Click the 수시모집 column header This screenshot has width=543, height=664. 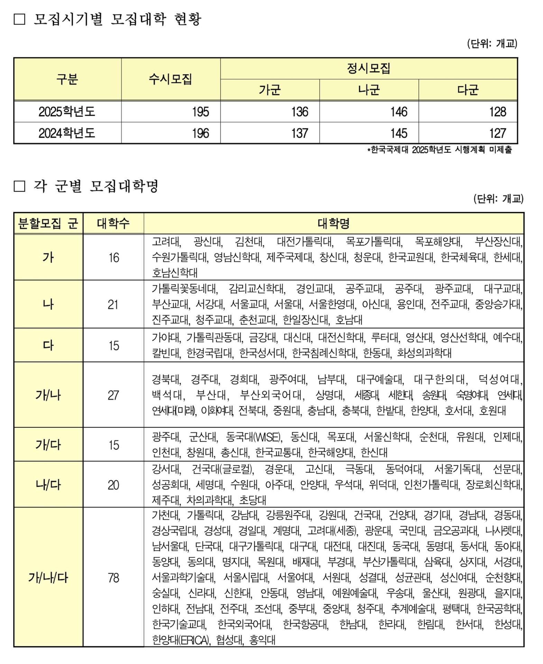[170, 79]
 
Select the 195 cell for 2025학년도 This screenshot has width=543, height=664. [201, 112]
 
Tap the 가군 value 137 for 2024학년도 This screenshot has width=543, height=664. [300, 133]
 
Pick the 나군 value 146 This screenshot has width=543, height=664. [399, 112]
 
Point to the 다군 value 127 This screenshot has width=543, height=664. [497, 133]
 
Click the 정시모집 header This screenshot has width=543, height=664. [368, 68]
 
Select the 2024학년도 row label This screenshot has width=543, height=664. [67, 133]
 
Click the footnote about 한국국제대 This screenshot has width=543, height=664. [439, 150]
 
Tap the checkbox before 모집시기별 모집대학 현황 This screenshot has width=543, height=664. [19, 19]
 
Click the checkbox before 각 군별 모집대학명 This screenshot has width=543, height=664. [19, 186]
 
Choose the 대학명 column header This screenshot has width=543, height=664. [333, 223]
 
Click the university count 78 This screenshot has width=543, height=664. [113, 578]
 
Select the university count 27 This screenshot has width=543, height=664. [113, 395]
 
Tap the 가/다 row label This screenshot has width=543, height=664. [48, 444]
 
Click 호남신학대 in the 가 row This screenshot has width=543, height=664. [175, 273]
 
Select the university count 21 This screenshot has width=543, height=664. [113, 304]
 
